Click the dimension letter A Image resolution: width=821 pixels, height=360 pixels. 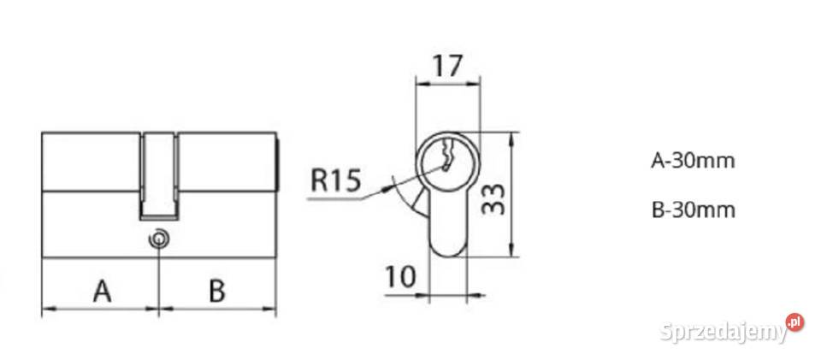pyautogui.click(x=102, y=291)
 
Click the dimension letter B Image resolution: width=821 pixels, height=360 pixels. pyautogui.click(x=217, y=291)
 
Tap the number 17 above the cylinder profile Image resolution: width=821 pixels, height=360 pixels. pyautogui.click(x=447, y=66)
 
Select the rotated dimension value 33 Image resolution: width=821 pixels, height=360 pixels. pyautogui.click(x=493, y=199)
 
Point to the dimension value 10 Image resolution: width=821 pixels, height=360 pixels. pyautogui.click(x=400, y=277)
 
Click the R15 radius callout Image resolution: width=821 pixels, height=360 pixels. pyautogui.click(x=335, y=180)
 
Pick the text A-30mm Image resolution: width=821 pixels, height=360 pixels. pyautogui.click(x=693, y=161)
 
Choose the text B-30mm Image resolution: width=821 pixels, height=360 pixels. pyautogui.click(x=694, y=210)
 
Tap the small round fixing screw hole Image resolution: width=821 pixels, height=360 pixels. pyautogui.click(x=159, y=239)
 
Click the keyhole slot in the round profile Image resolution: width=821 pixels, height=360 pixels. pyautogui.click(x=446, y=156)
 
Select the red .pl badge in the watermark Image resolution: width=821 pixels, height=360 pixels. pyautogui.click(x=794, y=322)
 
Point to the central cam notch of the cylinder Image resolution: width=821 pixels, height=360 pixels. pyautogui.click(x=159, y=176)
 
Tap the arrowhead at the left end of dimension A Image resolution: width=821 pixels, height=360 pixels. pyautogui.click(x=47, y=309)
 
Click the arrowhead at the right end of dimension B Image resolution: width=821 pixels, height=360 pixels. pyautogui.click(x=270, y=309)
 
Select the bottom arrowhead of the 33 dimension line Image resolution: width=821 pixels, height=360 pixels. pyautogui.click(x=512, y=251)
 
